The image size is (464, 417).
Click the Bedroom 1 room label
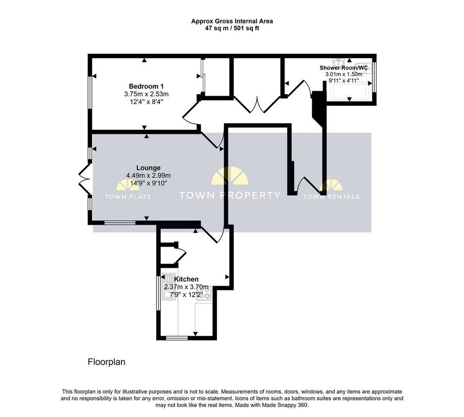[146, 86]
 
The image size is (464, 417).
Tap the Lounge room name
[148, 168]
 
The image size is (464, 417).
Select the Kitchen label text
[186, 279]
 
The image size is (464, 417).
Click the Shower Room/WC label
[343, 68]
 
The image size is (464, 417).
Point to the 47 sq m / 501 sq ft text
[232, 28]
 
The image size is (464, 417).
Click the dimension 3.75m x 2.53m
[146, 94]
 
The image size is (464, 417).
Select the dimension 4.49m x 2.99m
[148, 175]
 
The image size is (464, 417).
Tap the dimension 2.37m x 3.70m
[186, 287]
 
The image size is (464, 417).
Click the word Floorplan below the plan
[106, 362]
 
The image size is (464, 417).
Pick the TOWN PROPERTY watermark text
[230, 195]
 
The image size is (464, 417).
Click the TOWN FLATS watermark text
[128, 197]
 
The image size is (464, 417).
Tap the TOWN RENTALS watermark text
[331, 197]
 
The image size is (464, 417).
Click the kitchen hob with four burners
[204, 294]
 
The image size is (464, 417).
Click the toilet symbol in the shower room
[364, 68]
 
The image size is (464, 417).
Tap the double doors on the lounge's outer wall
[84, 178]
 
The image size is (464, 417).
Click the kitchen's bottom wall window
[177, 338]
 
